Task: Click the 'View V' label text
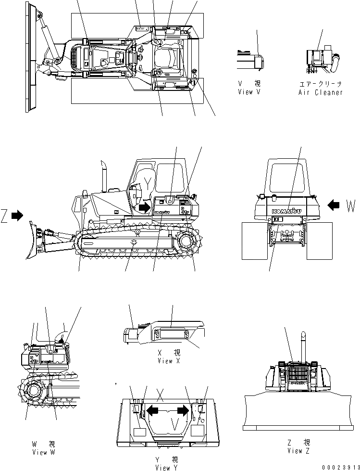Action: coord(248,92)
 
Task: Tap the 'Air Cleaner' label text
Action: coord(321,92)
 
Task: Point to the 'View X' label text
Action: coord(165,360)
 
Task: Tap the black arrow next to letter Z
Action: coord(17,216)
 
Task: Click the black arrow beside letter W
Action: coord(333,205)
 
